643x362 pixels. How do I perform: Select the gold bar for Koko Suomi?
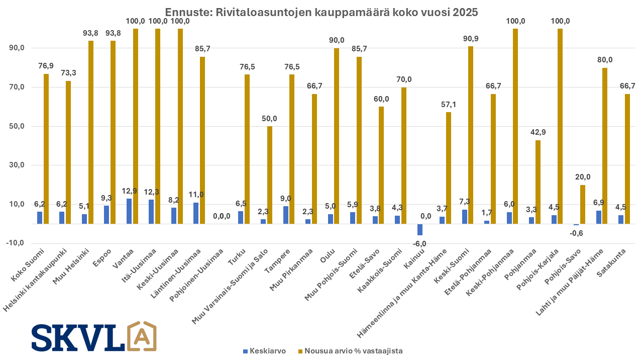click(x=46, y=149)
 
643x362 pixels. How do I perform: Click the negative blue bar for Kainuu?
click(x=420, y=229)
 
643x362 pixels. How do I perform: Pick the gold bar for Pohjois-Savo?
click(x=583, y=204)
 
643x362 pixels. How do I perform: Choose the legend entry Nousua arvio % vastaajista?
click(x=350, y=351)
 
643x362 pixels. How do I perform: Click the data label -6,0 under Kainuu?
click(x=419, y=244)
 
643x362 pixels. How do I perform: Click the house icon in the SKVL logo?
click(x=142, y=336)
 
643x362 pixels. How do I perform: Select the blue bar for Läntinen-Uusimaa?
click(x=196, y=213)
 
